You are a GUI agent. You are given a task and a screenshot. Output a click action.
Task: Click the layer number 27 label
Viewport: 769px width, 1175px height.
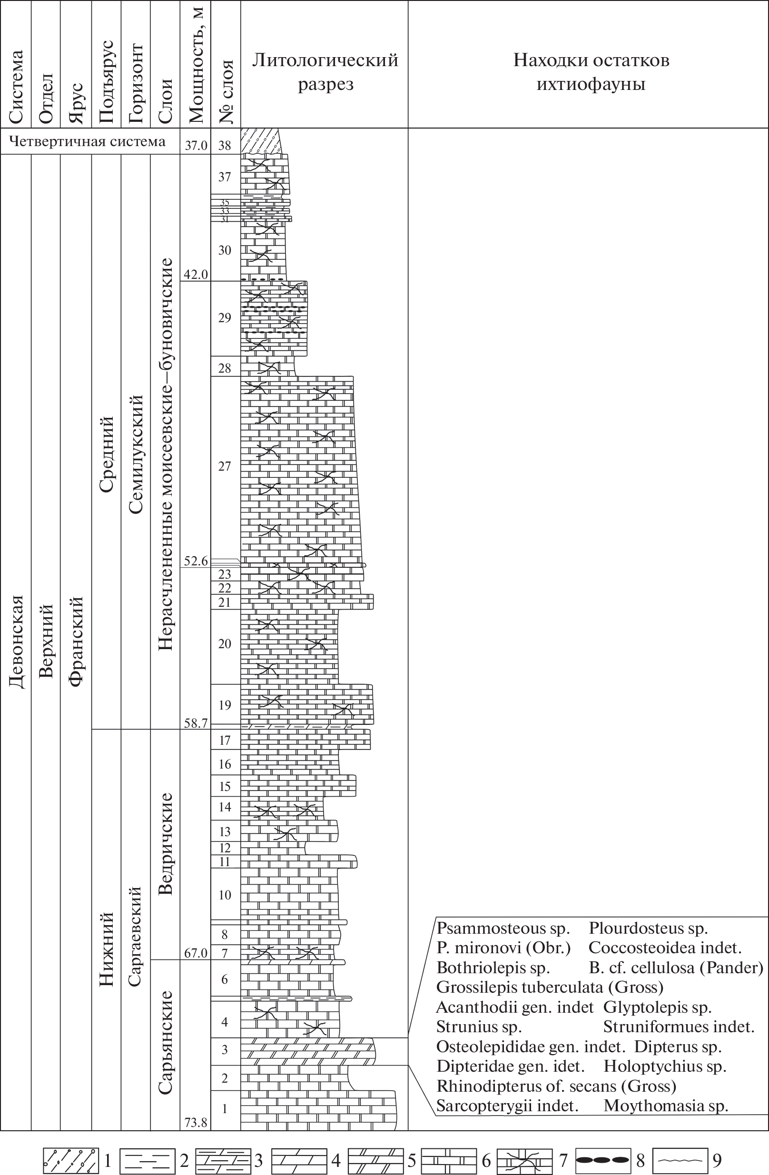coord(225,466)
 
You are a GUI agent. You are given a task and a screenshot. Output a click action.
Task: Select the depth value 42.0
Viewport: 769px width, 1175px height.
coord(196,275)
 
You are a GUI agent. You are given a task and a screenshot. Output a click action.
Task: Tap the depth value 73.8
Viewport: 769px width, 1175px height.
coord(196,1123)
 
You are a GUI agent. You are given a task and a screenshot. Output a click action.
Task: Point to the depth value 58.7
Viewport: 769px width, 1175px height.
coord(196,723)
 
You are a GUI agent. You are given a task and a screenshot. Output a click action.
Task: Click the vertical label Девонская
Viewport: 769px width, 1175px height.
coord(16,642)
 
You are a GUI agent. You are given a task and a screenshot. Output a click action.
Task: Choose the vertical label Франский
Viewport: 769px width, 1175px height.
coord(76,642)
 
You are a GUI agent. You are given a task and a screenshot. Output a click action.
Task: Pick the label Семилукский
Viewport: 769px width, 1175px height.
coord(136,454)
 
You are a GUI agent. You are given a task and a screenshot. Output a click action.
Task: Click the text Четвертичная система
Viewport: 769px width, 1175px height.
coord(88,142)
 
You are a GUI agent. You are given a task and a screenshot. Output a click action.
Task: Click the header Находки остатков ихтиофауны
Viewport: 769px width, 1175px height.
coord(591,72)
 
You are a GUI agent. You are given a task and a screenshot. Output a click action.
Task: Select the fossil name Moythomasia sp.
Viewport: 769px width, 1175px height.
coord(665,1106)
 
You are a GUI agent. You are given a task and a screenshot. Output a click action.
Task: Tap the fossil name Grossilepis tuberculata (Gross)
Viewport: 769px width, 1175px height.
coord(549,987)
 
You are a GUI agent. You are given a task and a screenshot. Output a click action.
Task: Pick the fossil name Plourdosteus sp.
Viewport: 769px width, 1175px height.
coord(648,928)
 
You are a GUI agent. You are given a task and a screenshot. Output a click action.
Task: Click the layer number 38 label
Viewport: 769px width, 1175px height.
coord(225,145)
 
